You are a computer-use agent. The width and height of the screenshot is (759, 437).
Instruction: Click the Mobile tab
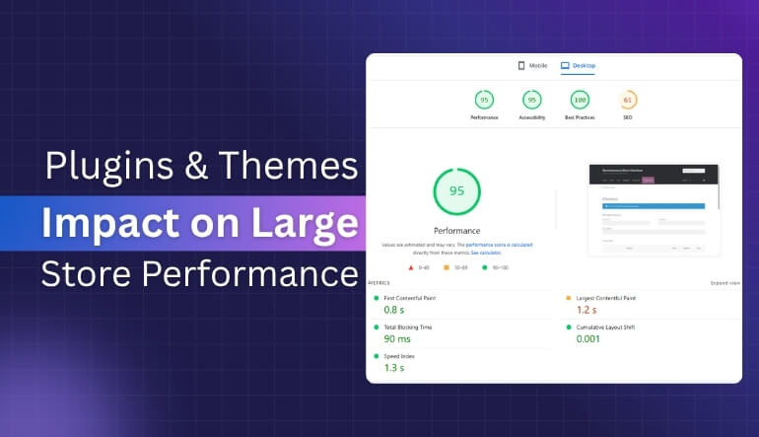pyautogui.click(x=532, y=66)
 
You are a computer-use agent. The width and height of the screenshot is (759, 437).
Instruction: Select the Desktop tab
pyautogui.click(x=579, y=66)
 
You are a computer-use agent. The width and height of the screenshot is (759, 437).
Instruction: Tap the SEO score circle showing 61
pyautogui.click(x=628, y=100)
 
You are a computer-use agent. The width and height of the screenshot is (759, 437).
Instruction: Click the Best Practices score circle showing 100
pyautogui.click(x=580, y=100)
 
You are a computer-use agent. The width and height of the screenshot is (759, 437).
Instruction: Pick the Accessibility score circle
pyautogui.click(x=531, y=100)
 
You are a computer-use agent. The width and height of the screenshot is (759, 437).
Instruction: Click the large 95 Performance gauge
pyautogui.click(x=456, y=191)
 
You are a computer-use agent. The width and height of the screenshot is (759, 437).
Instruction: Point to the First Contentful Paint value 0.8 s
pyautogui.click(x=393, y=310)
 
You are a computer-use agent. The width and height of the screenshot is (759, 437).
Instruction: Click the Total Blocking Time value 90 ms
pyautogui.click(x=397, y=338)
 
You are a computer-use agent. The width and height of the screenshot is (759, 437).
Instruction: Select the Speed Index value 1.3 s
pyautogui.click(x=393, y=367)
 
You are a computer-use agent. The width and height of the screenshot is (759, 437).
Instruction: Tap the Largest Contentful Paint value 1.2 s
pyautogui.click(x=587, y=310)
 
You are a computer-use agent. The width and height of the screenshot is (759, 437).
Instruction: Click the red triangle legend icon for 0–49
pyautogui.click(x=411, y=266)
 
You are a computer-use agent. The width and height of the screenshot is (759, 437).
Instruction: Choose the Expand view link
pyautogui.click(x=724, y=283)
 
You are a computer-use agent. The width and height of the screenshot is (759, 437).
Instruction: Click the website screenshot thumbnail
pyautogui.click(x=653, y=208)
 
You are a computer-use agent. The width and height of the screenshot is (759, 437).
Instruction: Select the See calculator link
pyautogui.click(x=485, y=254)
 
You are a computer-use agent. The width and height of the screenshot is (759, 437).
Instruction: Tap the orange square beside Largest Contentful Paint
pyautogui.click(x=568, y=297)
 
